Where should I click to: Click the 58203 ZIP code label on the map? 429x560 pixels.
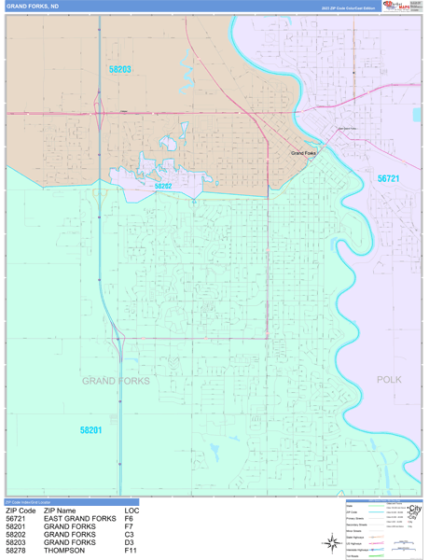[120, 69]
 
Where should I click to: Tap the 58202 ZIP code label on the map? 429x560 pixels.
[163, 186]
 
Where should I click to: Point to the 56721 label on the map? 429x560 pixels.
[388, 178]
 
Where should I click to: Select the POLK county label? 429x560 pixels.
[389, 380]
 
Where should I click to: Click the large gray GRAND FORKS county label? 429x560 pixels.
[115, 381]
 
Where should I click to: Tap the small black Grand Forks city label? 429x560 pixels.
[304, 153]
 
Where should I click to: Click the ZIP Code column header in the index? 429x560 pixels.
[21, 511]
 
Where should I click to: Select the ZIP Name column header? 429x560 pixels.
[63, 511]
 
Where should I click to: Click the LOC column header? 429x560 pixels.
[131, 511]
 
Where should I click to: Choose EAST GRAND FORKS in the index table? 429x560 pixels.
[79, 519]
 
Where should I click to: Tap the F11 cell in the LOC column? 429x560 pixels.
[131, 550]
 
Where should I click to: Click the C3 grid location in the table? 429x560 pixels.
[130, 534]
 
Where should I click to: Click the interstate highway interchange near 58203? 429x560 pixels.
[99, 116]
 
